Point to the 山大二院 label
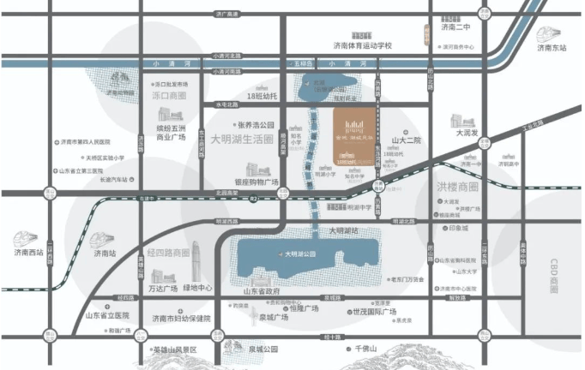click(407, 139)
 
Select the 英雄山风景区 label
click(174, 350)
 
